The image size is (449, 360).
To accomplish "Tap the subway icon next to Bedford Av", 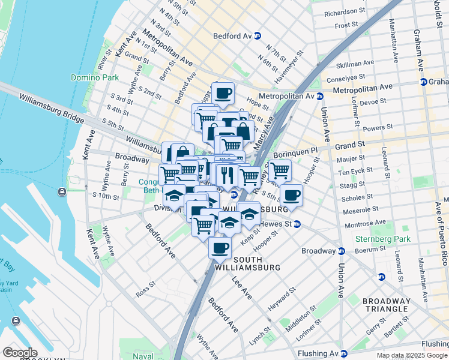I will pos(257,36).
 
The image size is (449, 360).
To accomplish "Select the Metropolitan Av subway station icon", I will pos(320,96).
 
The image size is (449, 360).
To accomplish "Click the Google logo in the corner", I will pos(19,352).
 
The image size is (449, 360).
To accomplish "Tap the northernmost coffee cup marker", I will pos(223,93).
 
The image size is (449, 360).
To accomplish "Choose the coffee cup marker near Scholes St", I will pos(291,194).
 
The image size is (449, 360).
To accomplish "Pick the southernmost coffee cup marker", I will pos(220,247).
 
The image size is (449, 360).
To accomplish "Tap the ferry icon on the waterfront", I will pos(62,192).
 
